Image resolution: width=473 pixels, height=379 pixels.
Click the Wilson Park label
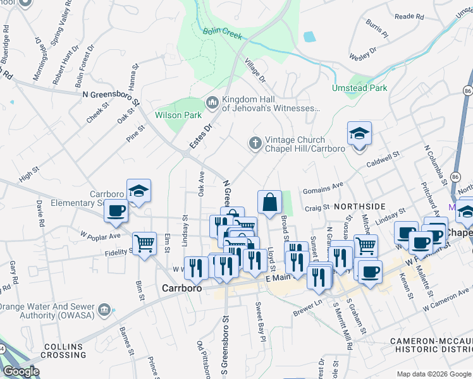(178, 115)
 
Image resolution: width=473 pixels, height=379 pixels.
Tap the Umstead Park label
(360, 88)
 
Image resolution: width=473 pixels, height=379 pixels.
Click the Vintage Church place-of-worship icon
(255, 143)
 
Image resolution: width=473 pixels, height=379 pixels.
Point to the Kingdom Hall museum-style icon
(212, 102)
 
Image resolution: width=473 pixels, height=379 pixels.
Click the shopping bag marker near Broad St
(269, 203)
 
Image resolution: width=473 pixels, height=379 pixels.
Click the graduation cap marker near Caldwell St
(359, 134)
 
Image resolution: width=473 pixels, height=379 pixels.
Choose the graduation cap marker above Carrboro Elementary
(138, 191)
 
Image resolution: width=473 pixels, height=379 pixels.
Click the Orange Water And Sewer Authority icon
(104, 310)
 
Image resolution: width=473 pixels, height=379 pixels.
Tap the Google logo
(20, 371)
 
